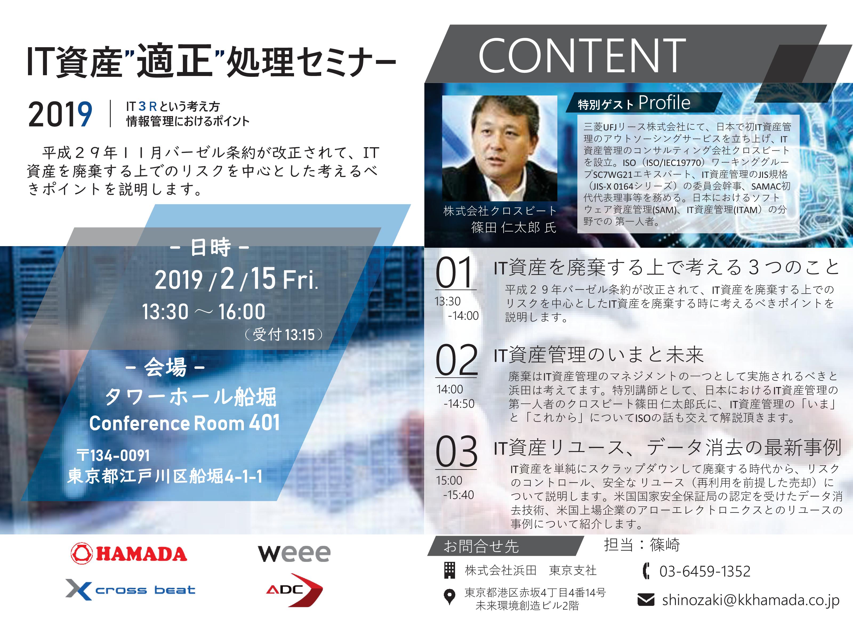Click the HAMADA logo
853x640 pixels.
point(129,553)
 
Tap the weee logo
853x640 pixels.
point(294,553)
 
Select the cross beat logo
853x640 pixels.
point(130,589)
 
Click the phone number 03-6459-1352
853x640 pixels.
point(705,571)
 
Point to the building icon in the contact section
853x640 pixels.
point(450,570)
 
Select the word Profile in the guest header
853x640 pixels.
point(664,103)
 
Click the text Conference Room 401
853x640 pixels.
point(184,423)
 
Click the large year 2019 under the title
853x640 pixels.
point(60,115)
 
